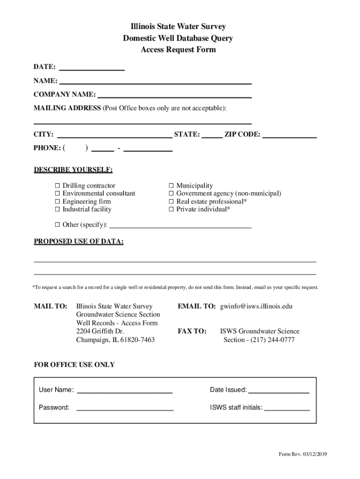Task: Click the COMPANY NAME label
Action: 65,94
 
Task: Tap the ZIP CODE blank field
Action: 289,135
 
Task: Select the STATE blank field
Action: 212,135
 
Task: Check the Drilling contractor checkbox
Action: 58,186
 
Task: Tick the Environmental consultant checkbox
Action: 58,194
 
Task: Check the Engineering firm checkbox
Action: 58,202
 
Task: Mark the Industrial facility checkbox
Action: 58,210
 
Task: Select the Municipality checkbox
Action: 171,186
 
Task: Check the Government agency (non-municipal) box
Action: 171,194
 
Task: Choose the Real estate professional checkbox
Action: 171,202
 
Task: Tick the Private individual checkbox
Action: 171,210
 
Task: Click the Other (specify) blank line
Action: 180,225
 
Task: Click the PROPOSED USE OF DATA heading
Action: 79,241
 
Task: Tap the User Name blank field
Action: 124,390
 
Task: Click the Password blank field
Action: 124,407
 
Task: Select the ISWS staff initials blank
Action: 287,407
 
